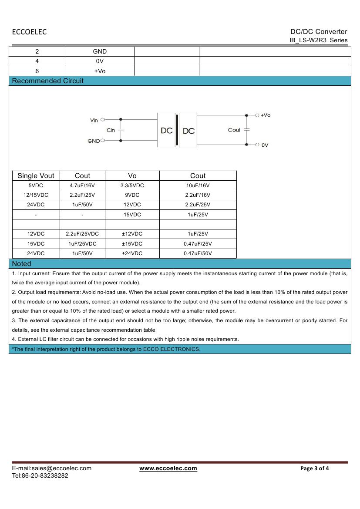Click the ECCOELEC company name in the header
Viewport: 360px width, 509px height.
pyautogui.click(x=29, y=32)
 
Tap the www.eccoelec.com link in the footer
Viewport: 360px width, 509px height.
pyautogui.click(x=168, y=468)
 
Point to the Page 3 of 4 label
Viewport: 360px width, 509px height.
pyautogui.click(x=315, y=469)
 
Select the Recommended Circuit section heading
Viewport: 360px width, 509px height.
pyautogui.click(x=48, y=81)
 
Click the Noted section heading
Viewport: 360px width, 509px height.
pyautogui.click(x=22, y=264)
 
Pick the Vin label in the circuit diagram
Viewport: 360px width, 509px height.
pyautogui.click(x=94, y=120)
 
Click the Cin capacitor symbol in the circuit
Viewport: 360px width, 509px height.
pyautogui.click(x=121, y=130)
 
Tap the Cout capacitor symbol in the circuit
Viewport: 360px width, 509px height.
pyautogui.click(x=246, y=130)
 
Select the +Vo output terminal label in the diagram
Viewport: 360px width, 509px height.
pyautogui.click(x=265, y=115)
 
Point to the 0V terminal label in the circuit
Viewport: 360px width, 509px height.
pyautogui.click(x=265, y=145)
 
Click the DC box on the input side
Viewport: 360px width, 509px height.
pyautogui.click(x=166, y=130)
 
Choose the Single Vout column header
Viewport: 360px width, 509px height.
pyautogui.click(x=36, y=176)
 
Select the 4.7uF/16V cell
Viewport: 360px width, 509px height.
pyautogui.click(x=82, y=185)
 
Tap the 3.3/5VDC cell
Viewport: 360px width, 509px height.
pyautogui.click(x=132, y=185)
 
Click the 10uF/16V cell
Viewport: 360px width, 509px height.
pyautogui.click(x=198, y=185)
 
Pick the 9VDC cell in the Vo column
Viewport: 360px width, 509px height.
pyautogui.click(x=132, y=195)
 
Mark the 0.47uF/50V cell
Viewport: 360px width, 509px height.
pyautogui.click(x=198, y=253)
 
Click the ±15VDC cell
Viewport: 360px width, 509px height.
pyautogui.click(x=132, y=244)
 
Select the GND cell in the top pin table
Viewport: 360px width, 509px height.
pyautogui.click(x=100, y=51)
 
